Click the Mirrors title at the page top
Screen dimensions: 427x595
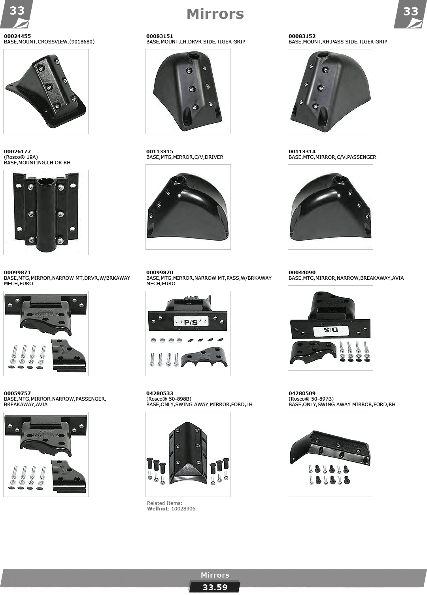(215, 14)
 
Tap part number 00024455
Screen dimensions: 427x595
(17, 36)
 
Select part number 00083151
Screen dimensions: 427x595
(159, 36)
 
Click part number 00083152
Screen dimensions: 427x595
(302, 36)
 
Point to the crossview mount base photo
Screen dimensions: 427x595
(46, 92)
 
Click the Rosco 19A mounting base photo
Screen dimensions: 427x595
(46, 213)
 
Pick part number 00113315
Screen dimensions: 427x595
(159, 151)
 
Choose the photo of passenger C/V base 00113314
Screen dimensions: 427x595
(331, 207)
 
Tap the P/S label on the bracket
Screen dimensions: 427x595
(191, 322)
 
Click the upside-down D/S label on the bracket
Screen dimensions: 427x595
(331, 330)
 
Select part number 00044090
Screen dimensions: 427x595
(302, 272)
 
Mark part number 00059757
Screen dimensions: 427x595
(17, 393)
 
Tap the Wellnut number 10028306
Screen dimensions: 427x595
(183, 508)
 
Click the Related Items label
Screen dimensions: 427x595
(164, 503)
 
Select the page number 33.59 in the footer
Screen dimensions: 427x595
(215, 587)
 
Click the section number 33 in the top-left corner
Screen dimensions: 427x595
(17, 11)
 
